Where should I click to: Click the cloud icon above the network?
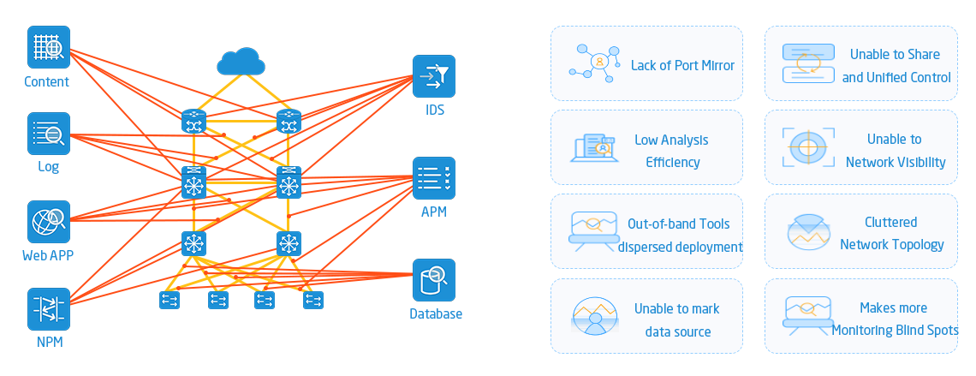pos(239,62)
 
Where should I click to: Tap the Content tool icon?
pos(49,47)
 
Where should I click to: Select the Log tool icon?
pos(49,134)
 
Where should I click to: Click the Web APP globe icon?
pos(49,222)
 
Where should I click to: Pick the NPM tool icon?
pos(49,309)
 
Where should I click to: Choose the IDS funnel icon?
pos(434,77)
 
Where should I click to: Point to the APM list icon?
pos(434,178)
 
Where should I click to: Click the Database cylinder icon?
pos(434,280)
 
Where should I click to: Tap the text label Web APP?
pos(48,255)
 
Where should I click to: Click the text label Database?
pos(435,313)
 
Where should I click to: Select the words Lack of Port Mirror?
pos(682,65)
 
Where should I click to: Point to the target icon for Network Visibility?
pos(806,147)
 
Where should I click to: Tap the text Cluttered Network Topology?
pos(891,233)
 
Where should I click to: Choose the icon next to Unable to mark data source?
pos(592,317)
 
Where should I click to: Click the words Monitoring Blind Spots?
pos(895,330)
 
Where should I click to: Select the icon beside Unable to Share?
pos(807,63)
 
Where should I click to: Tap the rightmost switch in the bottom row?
pos(313,300)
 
